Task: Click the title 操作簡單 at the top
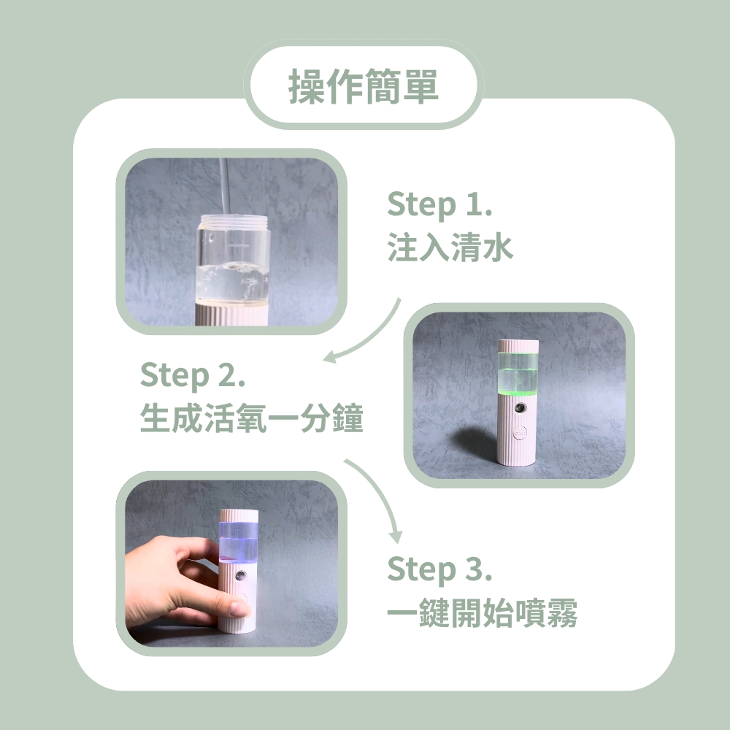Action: [364, 86]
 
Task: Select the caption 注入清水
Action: [450, 248]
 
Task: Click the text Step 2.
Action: [193, 376]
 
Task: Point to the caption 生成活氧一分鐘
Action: [251, 420]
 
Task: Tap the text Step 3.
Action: [439, 569]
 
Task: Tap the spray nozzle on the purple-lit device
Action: [240, 576]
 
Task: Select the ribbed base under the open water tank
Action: [232, 315]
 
